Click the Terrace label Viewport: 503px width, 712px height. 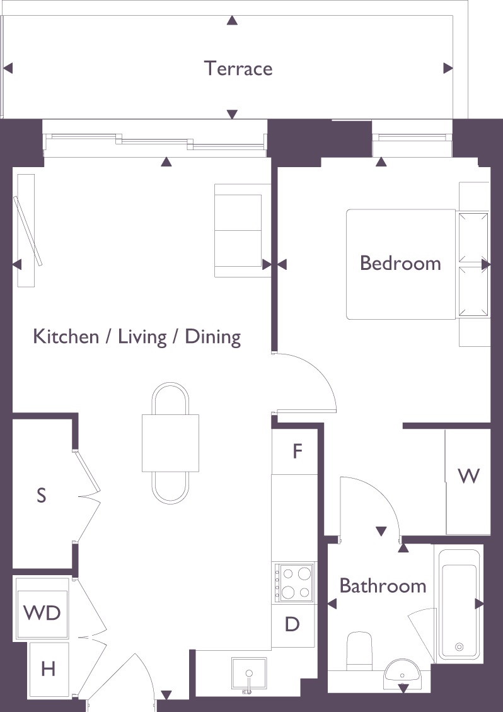[238, 68]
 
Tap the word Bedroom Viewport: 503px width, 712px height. [400, 264]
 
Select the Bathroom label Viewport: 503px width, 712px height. [383, 586]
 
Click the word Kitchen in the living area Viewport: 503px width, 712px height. [66, 337]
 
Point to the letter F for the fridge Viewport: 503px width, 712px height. [298, 452]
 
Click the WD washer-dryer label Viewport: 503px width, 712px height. [42, 613]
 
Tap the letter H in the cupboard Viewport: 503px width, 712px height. [49, 669]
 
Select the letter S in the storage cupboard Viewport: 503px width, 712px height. [42, 495]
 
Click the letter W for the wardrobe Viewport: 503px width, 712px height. [468, 476]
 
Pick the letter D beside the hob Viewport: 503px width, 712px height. [292, 624]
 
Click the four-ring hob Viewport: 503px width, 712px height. [293, 583]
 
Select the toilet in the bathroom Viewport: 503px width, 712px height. [359, 650]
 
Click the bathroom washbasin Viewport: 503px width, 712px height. [403, 675]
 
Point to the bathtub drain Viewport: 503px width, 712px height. [459, 646]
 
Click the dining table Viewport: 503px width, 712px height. [170, 443]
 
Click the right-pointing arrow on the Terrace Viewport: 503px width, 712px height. [448, 68]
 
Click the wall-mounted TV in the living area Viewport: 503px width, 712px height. [28, 231]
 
